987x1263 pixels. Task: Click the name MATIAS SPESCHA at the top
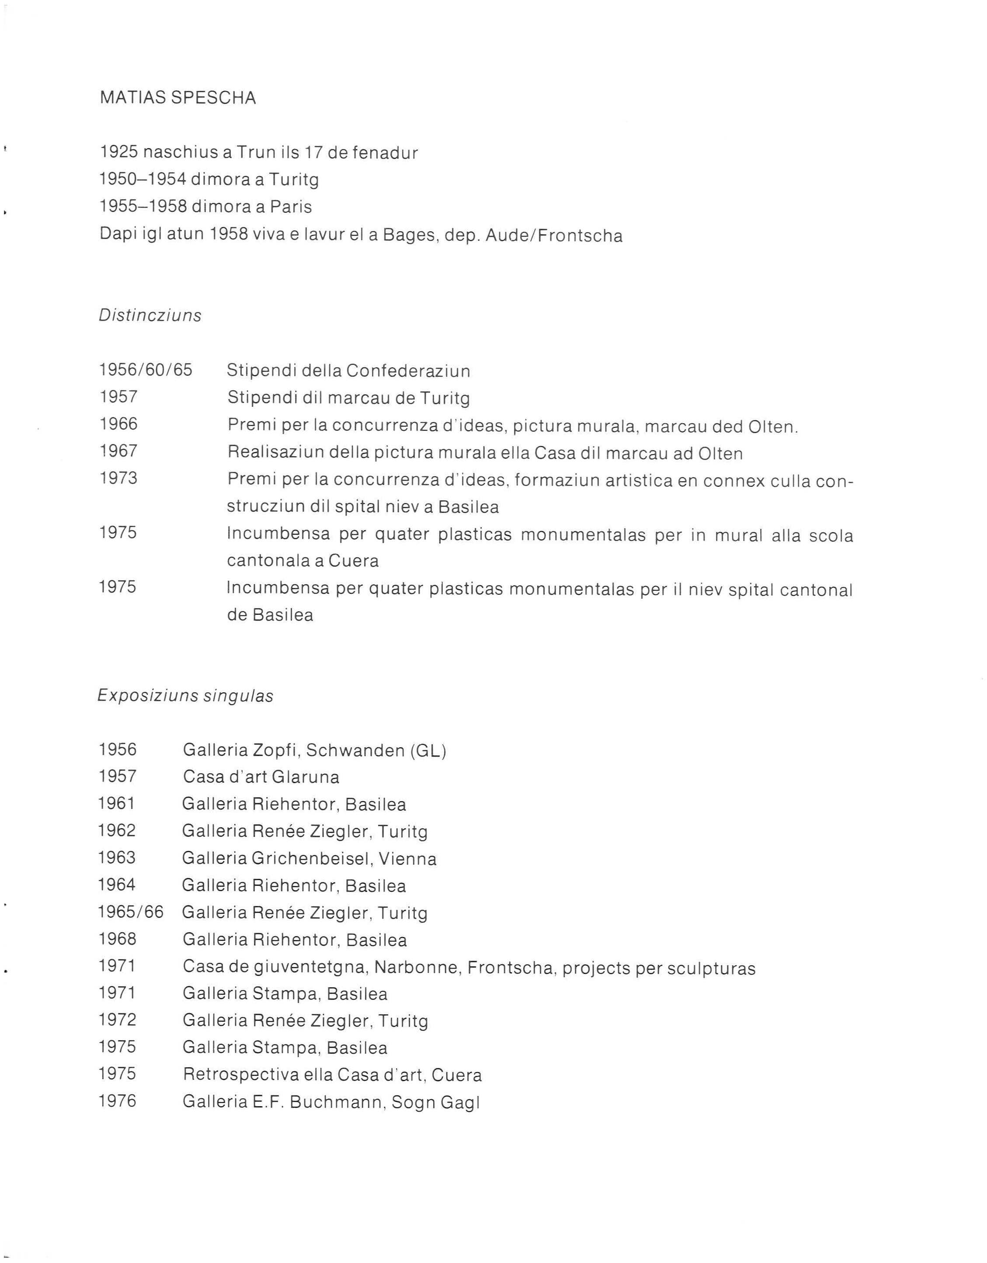point(177,98)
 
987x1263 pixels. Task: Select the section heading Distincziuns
point(150,316)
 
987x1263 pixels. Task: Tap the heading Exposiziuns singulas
point(185,696)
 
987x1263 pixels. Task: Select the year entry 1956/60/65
point(146,370)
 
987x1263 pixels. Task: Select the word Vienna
point(407,859)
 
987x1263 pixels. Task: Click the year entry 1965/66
point(131,913)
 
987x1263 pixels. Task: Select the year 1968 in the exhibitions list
point(118,939)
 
